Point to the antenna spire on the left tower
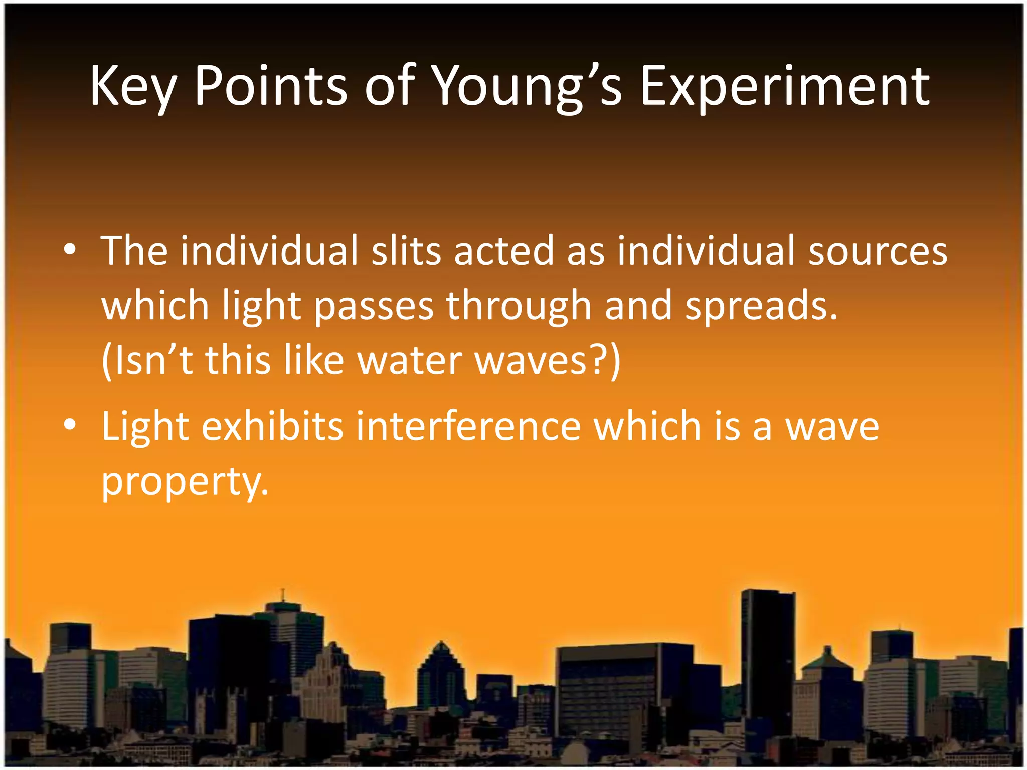(x=283, y=595)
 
